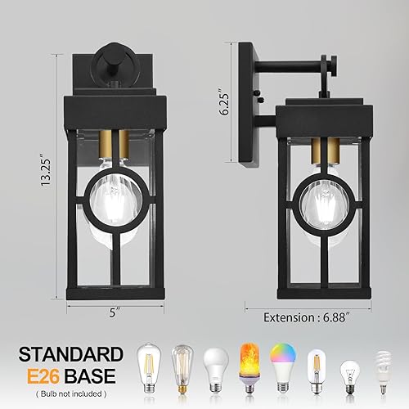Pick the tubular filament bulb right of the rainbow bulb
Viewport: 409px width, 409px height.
(x=315, y=370)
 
